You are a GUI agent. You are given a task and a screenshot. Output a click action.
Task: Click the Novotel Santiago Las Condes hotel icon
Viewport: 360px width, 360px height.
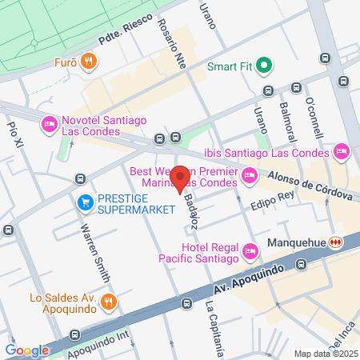coord(48,125)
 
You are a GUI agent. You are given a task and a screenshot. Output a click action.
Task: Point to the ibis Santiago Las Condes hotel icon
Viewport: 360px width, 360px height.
coord(342,151)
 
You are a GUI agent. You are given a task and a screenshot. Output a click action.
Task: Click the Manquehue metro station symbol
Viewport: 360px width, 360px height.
coord(337,242)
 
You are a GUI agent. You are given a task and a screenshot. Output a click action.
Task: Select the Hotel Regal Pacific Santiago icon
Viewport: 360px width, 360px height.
coord(250,252)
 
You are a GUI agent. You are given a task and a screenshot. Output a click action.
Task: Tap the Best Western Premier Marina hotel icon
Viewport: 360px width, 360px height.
coord(250,174)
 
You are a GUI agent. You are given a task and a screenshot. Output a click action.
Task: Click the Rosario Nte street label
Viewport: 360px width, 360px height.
coord(171,44)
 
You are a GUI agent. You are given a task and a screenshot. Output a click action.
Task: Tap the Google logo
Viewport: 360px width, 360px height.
coord(26,350)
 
